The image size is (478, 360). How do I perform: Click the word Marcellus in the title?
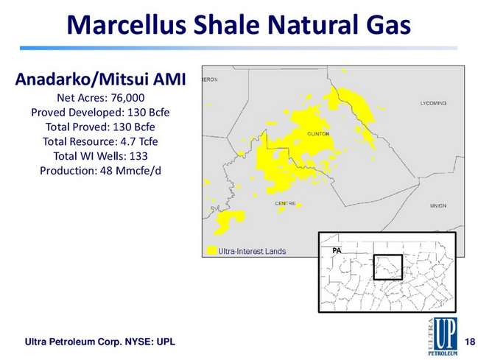tap(126, 25)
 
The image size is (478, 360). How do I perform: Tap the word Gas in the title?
tap(389, 25)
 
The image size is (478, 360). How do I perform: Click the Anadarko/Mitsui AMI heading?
tap(100, 80)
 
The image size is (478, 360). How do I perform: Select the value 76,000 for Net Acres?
tap(127, 98)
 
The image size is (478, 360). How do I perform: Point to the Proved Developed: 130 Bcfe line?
tap(100, 113)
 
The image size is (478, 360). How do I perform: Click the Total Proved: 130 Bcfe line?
tap(100, 127)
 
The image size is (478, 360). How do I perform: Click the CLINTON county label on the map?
tap(318, 134)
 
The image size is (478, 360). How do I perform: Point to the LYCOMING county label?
tap(433, 103)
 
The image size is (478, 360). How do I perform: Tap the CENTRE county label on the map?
tap(285, 203)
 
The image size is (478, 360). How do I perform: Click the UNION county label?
tap(438, 205)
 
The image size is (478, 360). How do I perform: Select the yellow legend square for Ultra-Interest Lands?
tap(211, 250)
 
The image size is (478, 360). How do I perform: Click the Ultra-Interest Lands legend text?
tap(252, 251)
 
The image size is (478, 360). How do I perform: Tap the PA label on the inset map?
tap(337, 250)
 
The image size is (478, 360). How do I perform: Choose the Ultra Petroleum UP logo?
tap(443, 336)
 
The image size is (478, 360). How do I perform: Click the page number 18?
tap(470, 342)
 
